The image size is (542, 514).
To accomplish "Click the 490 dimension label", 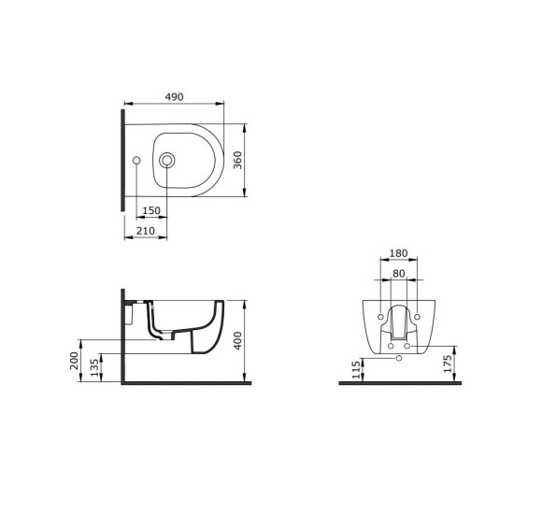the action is click(x=174, y=97).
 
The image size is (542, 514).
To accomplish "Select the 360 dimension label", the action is click(x=237, y=160).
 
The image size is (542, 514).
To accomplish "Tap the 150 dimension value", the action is click(x=151, y=210).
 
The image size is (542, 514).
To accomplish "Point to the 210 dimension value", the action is click(x=146, y=231).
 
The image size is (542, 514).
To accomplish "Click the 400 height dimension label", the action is click(x=237, y=341).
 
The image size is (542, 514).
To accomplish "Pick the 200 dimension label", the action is click(x=74, y=361).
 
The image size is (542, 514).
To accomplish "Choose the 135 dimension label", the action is click(x=94, y=368).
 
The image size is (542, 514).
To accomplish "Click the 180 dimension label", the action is click(x=398, y=253).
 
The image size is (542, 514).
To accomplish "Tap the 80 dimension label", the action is click(x=398, y=274).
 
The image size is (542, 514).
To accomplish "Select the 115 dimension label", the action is click(x=356, y=369).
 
